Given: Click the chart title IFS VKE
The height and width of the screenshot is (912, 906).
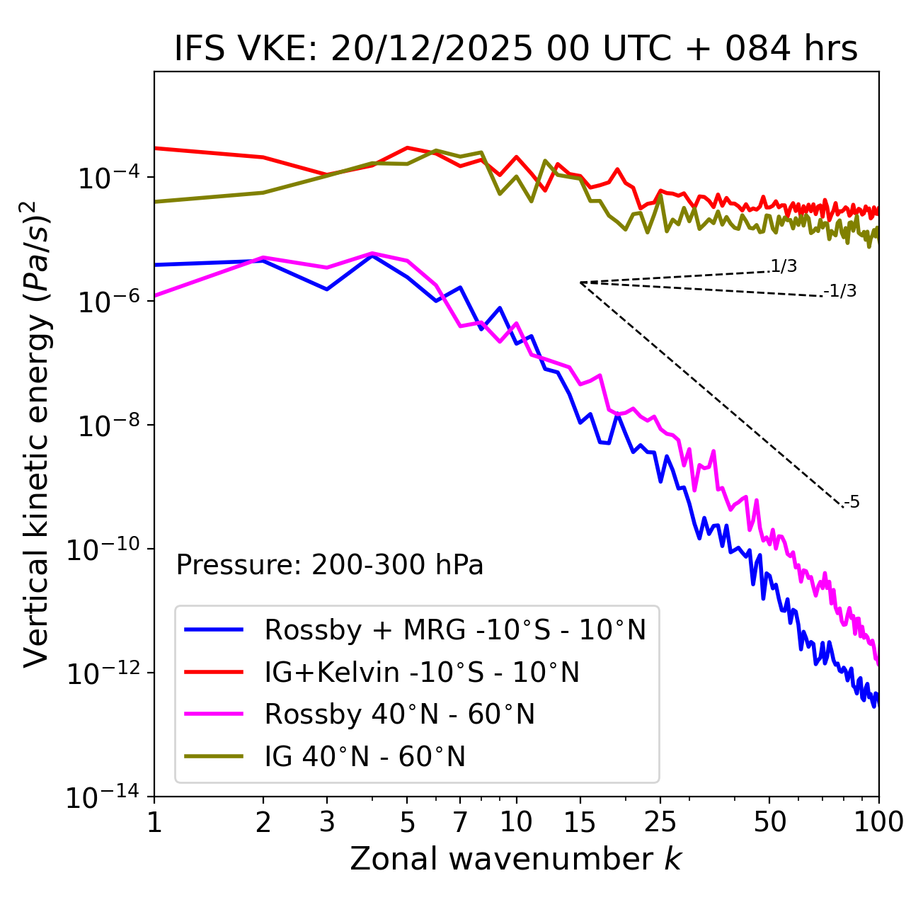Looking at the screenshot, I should [x=516, y=50].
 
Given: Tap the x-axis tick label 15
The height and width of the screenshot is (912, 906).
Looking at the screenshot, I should [x=580, y=822].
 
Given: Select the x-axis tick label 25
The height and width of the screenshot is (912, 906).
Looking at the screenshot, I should [x=660, y=822].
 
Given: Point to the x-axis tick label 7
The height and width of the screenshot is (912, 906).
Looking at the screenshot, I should [x=460, y=822].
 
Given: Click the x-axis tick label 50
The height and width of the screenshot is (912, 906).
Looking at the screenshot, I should [x=770, y=822].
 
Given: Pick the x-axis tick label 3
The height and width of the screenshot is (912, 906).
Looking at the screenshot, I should [x=327, y=822].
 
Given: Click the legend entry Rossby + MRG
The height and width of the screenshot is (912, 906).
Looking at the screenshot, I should [x=455, y=629].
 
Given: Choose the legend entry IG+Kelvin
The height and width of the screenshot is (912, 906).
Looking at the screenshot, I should [x=422, y=672].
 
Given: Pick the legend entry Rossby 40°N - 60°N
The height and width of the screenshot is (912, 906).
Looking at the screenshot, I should [x=399, y=714].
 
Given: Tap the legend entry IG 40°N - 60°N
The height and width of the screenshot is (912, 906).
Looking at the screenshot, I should [x=365, y=757].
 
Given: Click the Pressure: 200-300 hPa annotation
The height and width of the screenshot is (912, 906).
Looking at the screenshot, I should [x=330, y=565].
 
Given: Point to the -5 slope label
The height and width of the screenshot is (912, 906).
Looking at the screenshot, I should [x=851, y=502].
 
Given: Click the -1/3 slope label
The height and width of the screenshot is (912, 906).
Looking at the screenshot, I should [x=840, y=290].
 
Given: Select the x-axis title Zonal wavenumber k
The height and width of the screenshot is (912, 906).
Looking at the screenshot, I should [x=516, y=859].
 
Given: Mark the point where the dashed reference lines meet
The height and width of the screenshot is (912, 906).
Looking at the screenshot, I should [x=580, y=283].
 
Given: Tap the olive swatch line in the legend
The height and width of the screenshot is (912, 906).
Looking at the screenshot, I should [x=214, y=756].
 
